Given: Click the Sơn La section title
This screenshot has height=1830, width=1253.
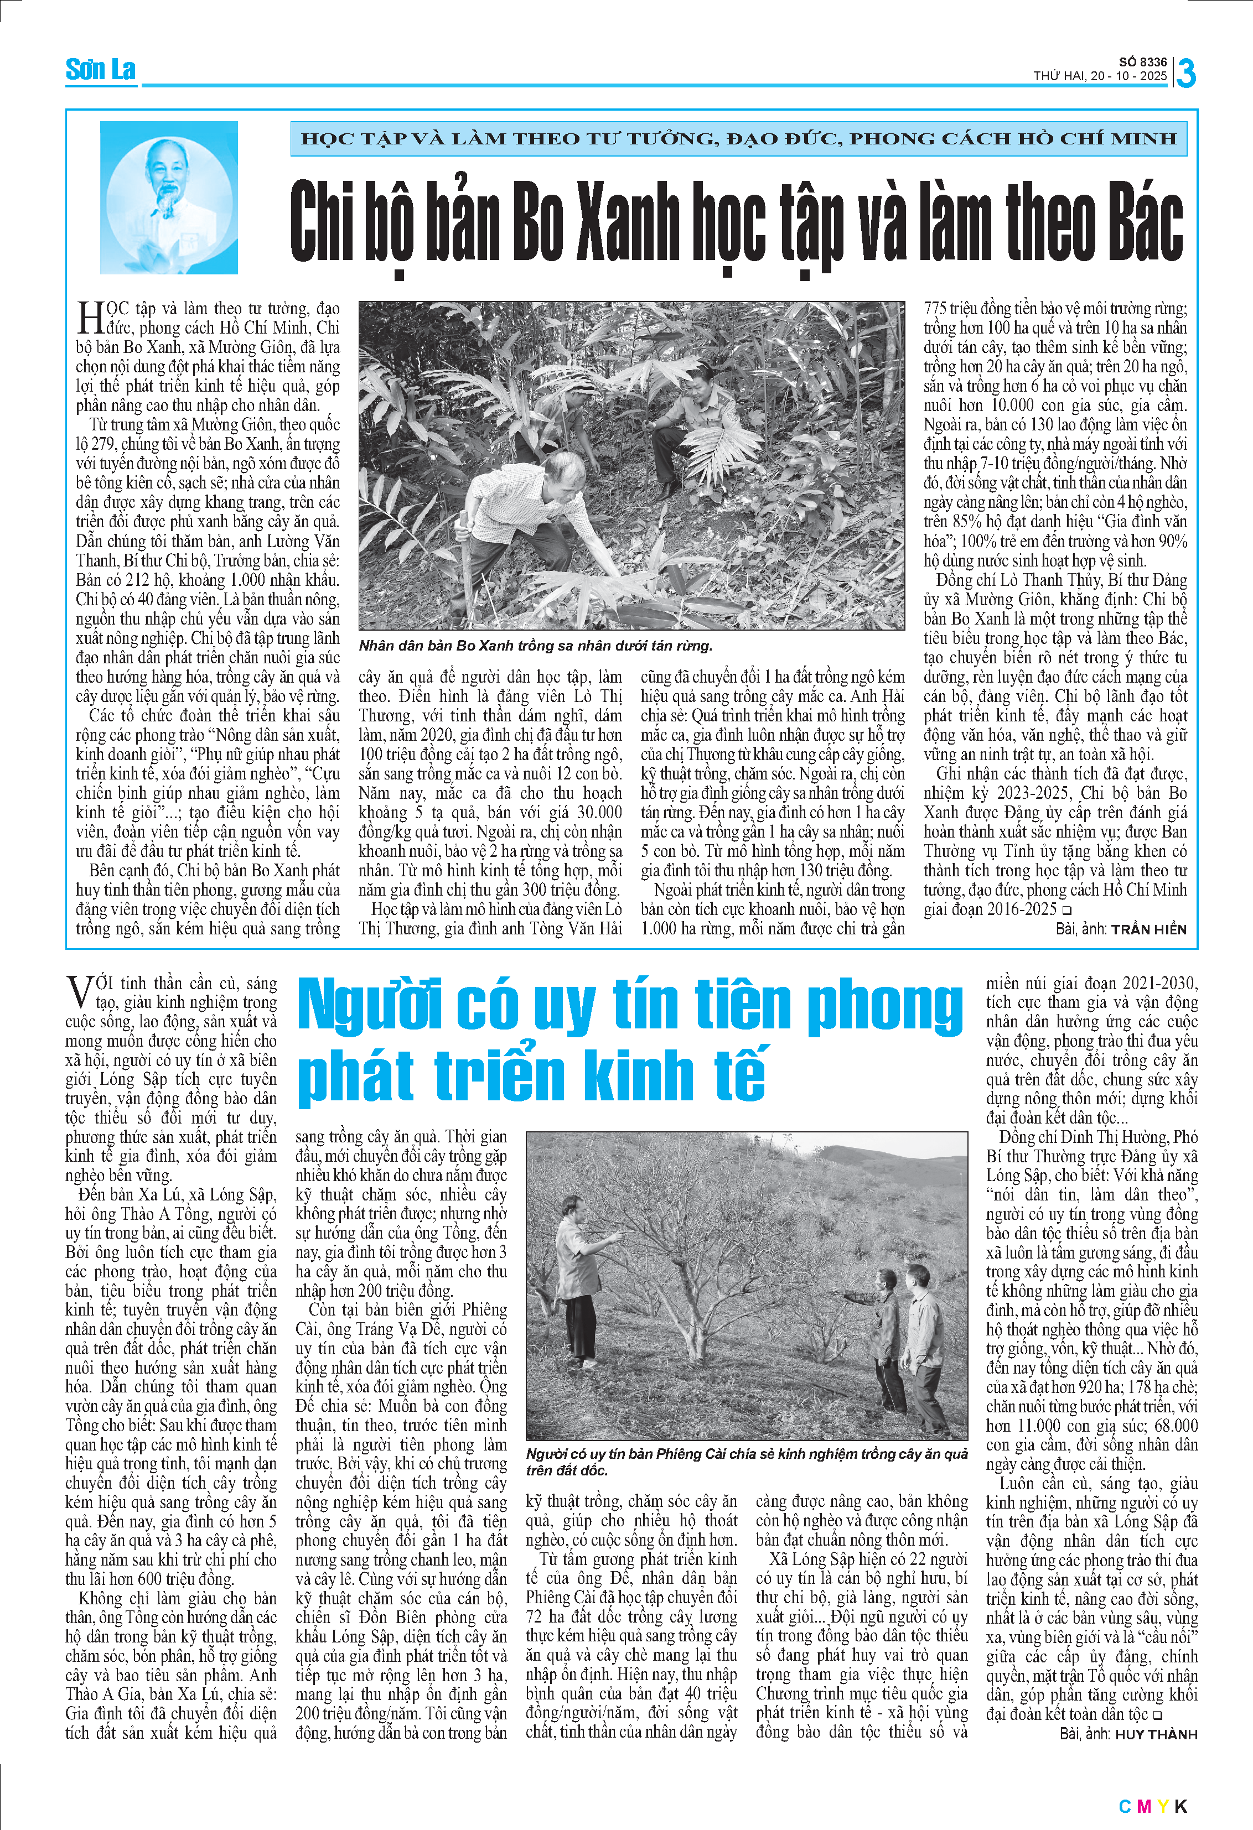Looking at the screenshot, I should (x=100, y=70).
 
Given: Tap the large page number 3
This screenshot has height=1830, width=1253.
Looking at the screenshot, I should (x=1186, y=73).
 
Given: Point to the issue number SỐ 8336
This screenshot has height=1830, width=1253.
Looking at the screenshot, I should (x=1143, y=62).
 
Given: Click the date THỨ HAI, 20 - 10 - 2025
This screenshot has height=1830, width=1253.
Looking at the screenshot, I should (x=1100, y=76).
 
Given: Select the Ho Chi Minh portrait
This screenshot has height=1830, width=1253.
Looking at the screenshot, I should (x=169, y=197).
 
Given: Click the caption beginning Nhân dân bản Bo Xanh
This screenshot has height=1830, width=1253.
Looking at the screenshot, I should (x=536, y=646).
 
